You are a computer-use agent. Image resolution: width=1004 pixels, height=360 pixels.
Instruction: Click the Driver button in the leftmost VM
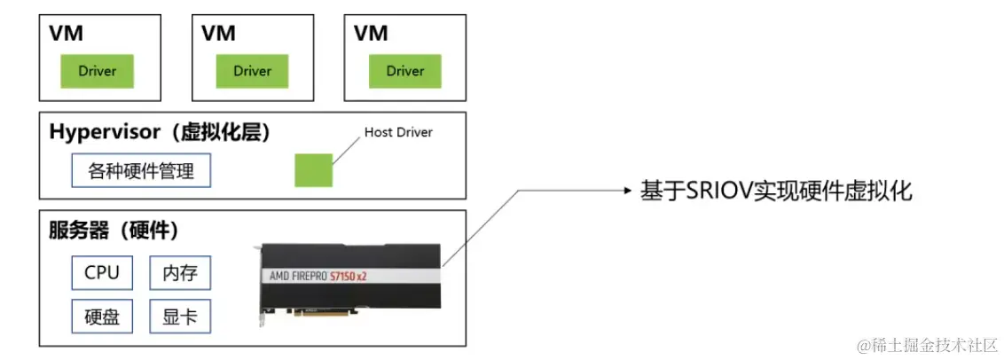(98, 71)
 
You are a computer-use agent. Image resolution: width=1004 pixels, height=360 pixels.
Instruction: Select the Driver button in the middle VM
(252, 71)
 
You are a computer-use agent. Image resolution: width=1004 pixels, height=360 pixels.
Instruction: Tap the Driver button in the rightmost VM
(405, 71)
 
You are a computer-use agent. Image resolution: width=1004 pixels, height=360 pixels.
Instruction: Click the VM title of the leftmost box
(67, 33)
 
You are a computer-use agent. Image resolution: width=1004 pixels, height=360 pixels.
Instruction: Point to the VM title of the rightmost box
(372, 33)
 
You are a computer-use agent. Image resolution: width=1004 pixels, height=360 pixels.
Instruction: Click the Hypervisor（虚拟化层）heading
(160, 133)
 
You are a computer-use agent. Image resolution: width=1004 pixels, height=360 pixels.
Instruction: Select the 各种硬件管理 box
(141, 171)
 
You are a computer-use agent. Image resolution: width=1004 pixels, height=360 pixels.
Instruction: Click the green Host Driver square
(313, 169)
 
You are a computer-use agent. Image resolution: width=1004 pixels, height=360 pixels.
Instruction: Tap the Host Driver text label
(398, 133)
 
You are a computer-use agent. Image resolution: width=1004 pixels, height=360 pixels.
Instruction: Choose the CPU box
(102, 272)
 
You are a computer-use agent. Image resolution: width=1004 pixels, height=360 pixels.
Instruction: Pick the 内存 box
(180, 272)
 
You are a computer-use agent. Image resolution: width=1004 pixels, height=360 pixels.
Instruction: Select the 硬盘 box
(102, 317)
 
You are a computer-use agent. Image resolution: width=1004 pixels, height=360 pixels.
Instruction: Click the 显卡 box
(180, 317)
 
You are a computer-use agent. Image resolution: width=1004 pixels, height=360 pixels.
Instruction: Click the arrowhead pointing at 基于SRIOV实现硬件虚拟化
(626, 191)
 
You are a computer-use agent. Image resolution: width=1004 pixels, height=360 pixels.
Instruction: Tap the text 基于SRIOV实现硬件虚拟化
(776, 191)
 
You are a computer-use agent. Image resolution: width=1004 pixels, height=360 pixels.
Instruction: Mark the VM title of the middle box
(219, 33)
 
